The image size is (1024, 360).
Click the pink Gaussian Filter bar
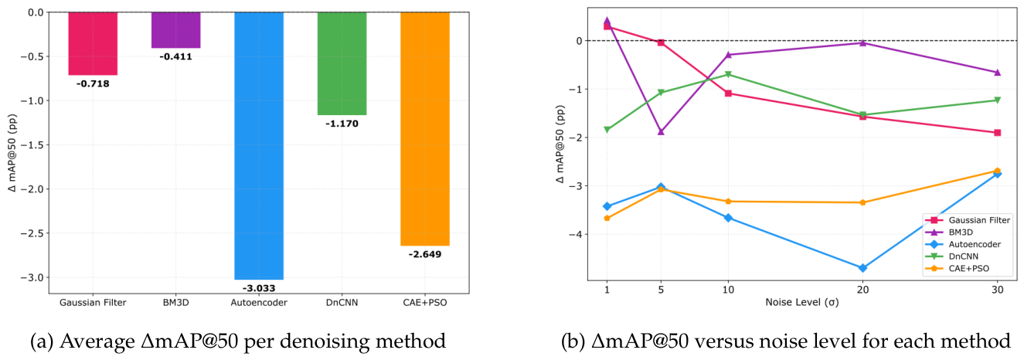pos(93,43)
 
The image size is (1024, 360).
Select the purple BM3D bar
pos(176,30)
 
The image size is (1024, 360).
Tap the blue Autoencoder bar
pos(259,146)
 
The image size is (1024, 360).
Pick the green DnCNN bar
pos(342,63)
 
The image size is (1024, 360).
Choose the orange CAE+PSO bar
pos(425,129)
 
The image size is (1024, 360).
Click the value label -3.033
pos(259,288)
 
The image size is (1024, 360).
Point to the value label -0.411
pos(176,56)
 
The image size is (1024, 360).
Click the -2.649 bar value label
pos(425,254)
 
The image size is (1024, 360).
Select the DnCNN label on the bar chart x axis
pos(342,302)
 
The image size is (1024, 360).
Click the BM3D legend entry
pos(960,233)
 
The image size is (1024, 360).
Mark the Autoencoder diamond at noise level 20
pos(862,268)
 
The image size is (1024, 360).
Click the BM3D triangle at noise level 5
pos(661,131)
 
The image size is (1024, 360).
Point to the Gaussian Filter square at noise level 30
pos(998,132)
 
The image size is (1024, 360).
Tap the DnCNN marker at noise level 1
pos(607,130)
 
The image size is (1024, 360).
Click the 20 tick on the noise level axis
pos(862,290)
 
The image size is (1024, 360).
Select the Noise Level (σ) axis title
pos(802,302)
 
